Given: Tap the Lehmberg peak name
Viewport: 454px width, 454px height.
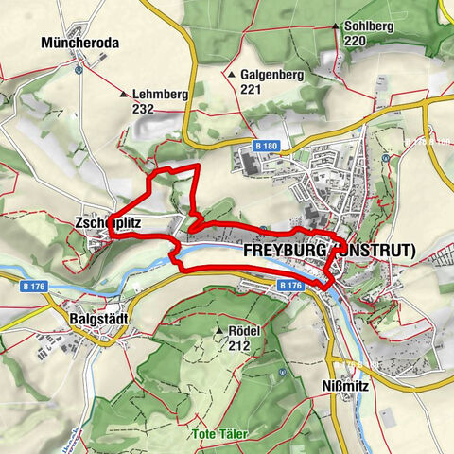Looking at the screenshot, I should (x=161, y=95).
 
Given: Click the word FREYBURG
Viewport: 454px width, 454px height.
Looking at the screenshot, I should (x=282, y=253).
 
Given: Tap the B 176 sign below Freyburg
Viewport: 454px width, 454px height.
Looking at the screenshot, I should (x=289, y=285).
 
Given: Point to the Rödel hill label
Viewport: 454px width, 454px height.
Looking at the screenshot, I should (x=245, y=332).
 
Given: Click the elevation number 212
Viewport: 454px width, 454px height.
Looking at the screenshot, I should (x=239, y=345).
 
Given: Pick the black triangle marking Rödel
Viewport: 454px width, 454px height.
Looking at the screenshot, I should (x=220, y=332).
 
